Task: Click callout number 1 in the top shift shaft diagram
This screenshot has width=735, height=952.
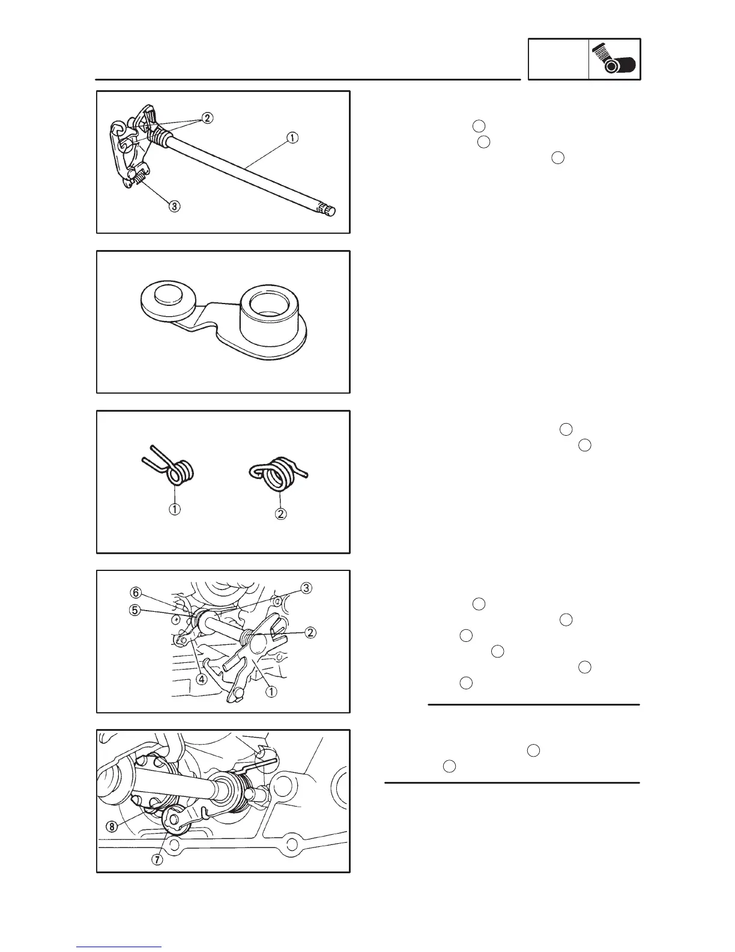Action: tap(291, 138)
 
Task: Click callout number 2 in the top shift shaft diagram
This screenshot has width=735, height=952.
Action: tap(207, 118)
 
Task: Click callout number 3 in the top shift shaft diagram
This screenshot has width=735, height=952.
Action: tap(174, 207)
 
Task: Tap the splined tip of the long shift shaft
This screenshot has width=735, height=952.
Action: tap(327, 210)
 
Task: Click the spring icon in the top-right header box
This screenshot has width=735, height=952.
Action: tap(614, 59)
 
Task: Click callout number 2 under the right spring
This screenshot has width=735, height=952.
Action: tap(281, 514)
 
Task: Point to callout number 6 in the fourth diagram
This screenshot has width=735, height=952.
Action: tap(136, 593)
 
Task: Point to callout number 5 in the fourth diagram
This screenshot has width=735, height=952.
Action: tap(135, 610)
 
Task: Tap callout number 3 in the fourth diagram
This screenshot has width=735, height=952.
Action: tap(306, 588)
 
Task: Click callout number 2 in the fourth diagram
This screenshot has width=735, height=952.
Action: tap(310, 632)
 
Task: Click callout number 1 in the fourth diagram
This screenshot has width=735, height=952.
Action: tap(271, 691)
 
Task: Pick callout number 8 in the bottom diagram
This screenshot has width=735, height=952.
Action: tap(112, 826)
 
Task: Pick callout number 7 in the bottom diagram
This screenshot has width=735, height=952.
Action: tap(157, 859)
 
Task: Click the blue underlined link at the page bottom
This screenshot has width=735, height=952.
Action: tap(119, 947)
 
